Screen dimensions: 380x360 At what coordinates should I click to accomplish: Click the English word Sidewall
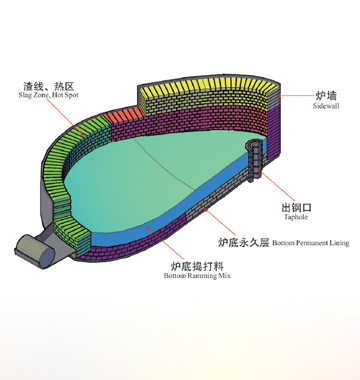tap(326, 105)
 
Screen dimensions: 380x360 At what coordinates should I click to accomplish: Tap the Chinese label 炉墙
tap(326, 94)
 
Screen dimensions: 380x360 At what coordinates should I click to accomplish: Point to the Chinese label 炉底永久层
tap(238, 242)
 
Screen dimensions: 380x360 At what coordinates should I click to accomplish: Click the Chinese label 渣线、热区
tap(44, 85)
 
